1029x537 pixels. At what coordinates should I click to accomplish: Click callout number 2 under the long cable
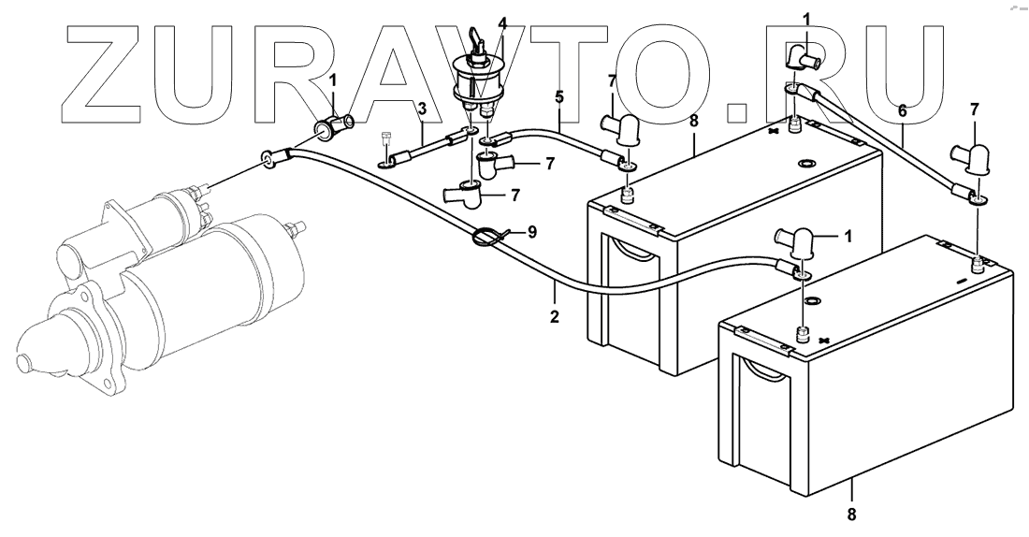pyautogui.click(x=555, y=317)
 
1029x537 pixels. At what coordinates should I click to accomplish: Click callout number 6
pyautogui.click(x=903, y=110)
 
